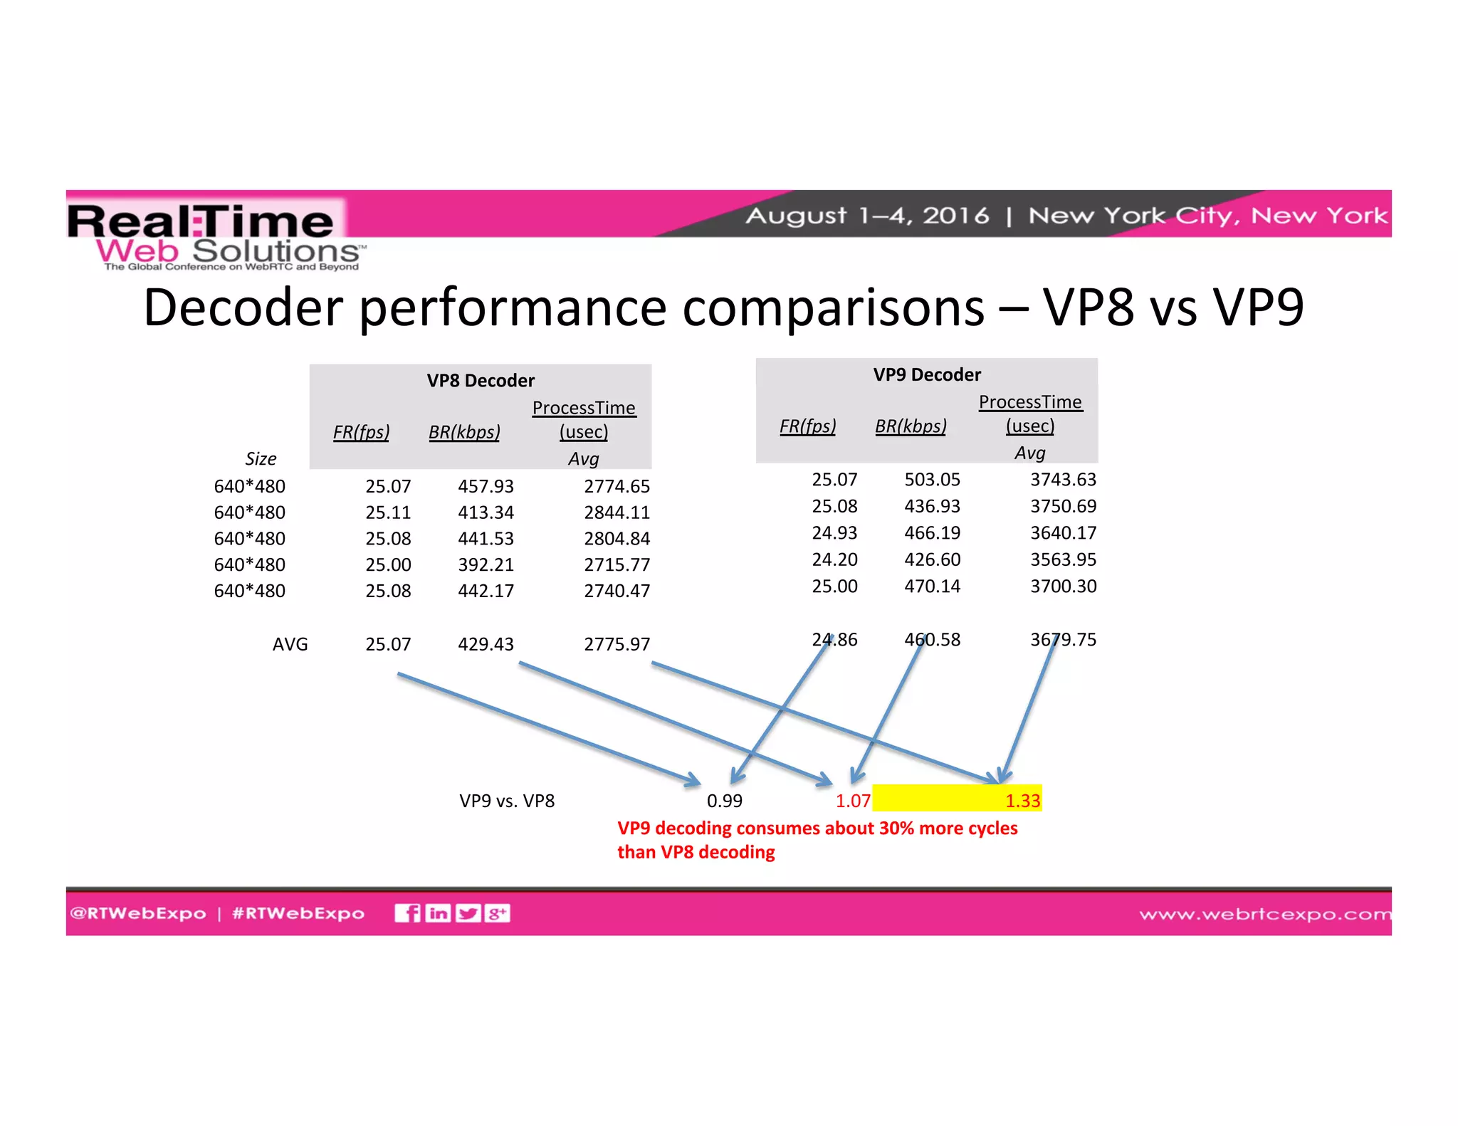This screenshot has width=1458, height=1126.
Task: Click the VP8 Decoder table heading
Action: (x=481, y=381)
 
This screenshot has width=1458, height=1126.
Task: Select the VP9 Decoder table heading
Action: (x=927, y=375)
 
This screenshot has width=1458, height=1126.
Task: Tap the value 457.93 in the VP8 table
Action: (x=486, y=486)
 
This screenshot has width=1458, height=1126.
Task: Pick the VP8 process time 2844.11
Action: (x=617, y=512)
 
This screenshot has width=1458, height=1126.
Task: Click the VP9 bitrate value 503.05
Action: (x=932, y=480)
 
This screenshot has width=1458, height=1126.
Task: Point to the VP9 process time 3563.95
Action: (x=1063, y=559)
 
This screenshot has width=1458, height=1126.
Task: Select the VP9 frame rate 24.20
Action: (x=834, y=559)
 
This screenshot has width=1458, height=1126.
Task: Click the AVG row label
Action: (x=290, y=644)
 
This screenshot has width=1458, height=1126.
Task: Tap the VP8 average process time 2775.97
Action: (x=617, y=644)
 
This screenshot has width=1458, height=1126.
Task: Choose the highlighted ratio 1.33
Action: (x=1022, y=801)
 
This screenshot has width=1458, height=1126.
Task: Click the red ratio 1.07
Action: (x=853, y=801)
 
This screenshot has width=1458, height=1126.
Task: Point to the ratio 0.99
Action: (x=724, y=801)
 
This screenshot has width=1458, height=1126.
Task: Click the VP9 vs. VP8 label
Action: (x=507, y=801)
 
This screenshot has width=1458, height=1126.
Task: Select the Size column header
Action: (x=261, y=459)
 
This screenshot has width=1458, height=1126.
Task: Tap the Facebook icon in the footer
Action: (x=408, y=913)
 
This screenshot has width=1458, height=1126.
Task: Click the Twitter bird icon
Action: (x=468, y=913)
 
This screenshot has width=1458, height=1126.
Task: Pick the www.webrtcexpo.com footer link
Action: (x=1264, y=914)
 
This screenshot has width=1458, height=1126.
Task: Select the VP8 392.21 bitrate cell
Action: (x=486, y=564)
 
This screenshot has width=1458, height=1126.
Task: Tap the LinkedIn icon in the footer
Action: (x=438, y=913)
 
